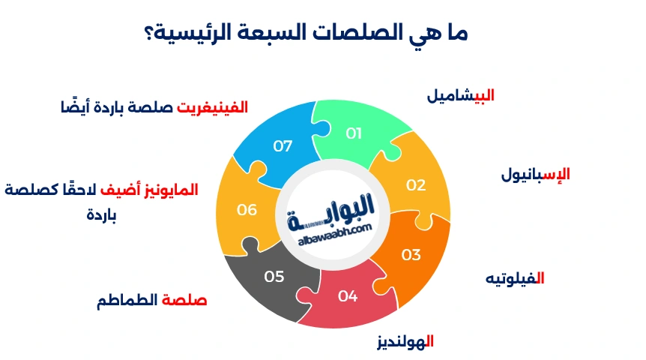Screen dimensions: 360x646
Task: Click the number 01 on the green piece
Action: tap(354, 133)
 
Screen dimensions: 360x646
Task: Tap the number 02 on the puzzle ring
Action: tap(416, 184)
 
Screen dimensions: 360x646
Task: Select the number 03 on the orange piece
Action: tap(411, 255)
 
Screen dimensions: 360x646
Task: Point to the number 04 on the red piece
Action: tap(348, 295)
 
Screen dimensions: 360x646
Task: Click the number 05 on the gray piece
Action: tap(274, 277)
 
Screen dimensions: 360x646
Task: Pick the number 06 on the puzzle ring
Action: tap(247, 210)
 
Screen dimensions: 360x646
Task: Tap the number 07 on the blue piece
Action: tap(283, 145)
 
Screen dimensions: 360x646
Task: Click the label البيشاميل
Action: tap(460, 95)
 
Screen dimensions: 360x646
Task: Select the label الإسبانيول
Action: tap(535, 174)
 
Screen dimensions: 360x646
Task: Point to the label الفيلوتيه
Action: tap(514, 278)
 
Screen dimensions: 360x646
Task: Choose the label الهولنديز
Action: tap(405, 342)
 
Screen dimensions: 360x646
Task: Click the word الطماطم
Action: tap(127, 301)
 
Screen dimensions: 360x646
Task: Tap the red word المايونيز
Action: tap(173, 190)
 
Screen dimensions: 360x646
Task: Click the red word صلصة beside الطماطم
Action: tap(184, 301)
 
